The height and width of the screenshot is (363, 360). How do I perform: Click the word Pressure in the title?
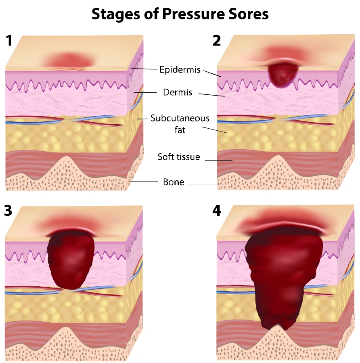pyautogui.click(x=193, y=14)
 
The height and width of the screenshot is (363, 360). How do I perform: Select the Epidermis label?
pyautogui.click(x=180, y=70)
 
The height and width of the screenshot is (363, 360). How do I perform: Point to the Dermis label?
pyautogui.click(x=178, y=92)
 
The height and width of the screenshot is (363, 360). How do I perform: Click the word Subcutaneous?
pyautogui.click(x=180, y=118)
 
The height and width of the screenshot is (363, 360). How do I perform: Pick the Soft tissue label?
pyautogui.click(x=179, y=157)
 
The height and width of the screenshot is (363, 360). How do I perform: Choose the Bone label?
pyautogui.click(x=174, y=182)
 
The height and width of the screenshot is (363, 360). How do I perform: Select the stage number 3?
pyautogui.click(x=8, y=211)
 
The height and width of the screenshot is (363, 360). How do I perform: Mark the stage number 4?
pyautogui.click(x=217, y=211)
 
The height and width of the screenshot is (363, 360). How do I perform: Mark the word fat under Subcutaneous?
pyautogui.click(x=180, y=130)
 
